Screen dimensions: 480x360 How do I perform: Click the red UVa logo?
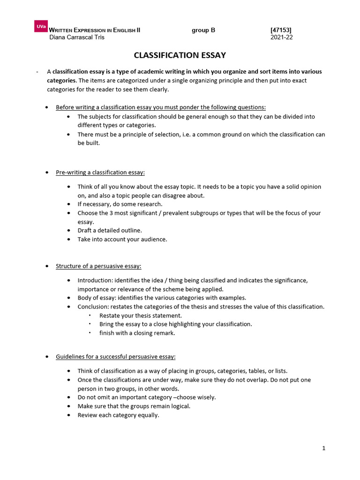40,27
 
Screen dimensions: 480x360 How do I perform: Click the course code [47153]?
281,30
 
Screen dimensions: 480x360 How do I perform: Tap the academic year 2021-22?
281,37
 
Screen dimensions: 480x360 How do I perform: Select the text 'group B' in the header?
203,30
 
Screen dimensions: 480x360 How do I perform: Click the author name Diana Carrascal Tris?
77,37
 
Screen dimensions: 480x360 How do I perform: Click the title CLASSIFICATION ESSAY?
180,55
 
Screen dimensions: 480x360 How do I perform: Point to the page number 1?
323,448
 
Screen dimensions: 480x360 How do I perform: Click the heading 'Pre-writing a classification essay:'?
100,172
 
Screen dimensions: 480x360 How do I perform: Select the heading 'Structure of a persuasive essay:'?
98,266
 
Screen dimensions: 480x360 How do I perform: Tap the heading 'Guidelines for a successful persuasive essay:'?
115,357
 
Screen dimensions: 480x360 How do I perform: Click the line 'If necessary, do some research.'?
120,204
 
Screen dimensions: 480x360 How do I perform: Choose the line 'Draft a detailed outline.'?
109,230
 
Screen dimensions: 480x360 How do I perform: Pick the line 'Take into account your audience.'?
122,239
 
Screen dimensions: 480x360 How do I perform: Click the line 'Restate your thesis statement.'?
140,315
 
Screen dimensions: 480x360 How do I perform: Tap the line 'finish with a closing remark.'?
137,333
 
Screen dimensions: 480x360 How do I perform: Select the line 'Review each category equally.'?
118,415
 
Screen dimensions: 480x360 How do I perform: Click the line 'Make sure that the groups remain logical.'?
134,406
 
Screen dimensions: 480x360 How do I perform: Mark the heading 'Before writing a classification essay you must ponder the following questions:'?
161,107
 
